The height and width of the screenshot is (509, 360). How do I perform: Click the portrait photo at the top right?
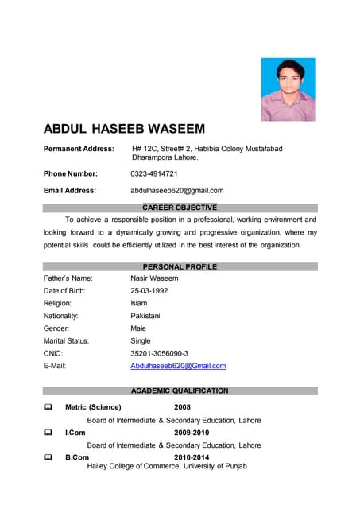coord(288,89)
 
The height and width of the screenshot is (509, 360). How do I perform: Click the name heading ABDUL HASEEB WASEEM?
coord(124,129)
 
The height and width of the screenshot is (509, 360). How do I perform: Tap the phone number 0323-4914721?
coord(154,173)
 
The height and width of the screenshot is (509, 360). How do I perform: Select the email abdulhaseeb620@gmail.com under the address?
coord(177,190)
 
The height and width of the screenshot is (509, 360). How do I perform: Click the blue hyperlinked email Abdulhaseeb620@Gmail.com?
coord(178,366)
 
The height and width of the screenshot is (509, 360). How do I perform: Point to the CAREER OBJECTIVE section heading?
coord(180,208)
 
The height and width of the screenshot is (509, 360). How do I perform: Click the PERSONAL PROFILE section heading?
coord(180,266)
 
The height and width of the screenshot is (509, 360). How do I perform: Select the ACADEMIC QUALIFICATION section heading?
coord(180,390)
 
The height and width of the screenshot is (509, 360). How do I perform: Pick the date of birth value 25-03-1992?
coord(149,291)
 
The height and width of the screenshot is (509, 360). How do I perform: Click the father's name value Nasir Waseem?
coord(154,278)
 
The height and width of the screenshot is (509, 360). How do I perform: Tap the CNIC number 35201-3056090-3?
coord(159,353)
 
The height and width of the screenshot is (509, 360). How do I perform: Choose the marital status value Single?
coord(141,340)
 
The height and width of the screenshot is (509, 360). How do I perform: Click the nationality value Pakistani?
coord(145,316)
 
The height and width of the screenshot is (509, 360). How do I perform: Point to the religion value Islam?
coord(139,303)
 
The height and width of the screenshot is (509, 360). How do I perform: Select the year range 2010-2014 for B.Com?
coord(191,457)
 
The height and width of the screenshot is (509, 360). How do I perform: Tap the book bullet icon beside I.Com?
coord(48,433)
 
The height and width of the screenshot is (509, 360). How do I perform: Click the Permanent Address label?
coord(79,149)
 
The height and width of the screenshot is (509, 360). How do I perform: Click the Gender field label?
coord(56,328)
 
